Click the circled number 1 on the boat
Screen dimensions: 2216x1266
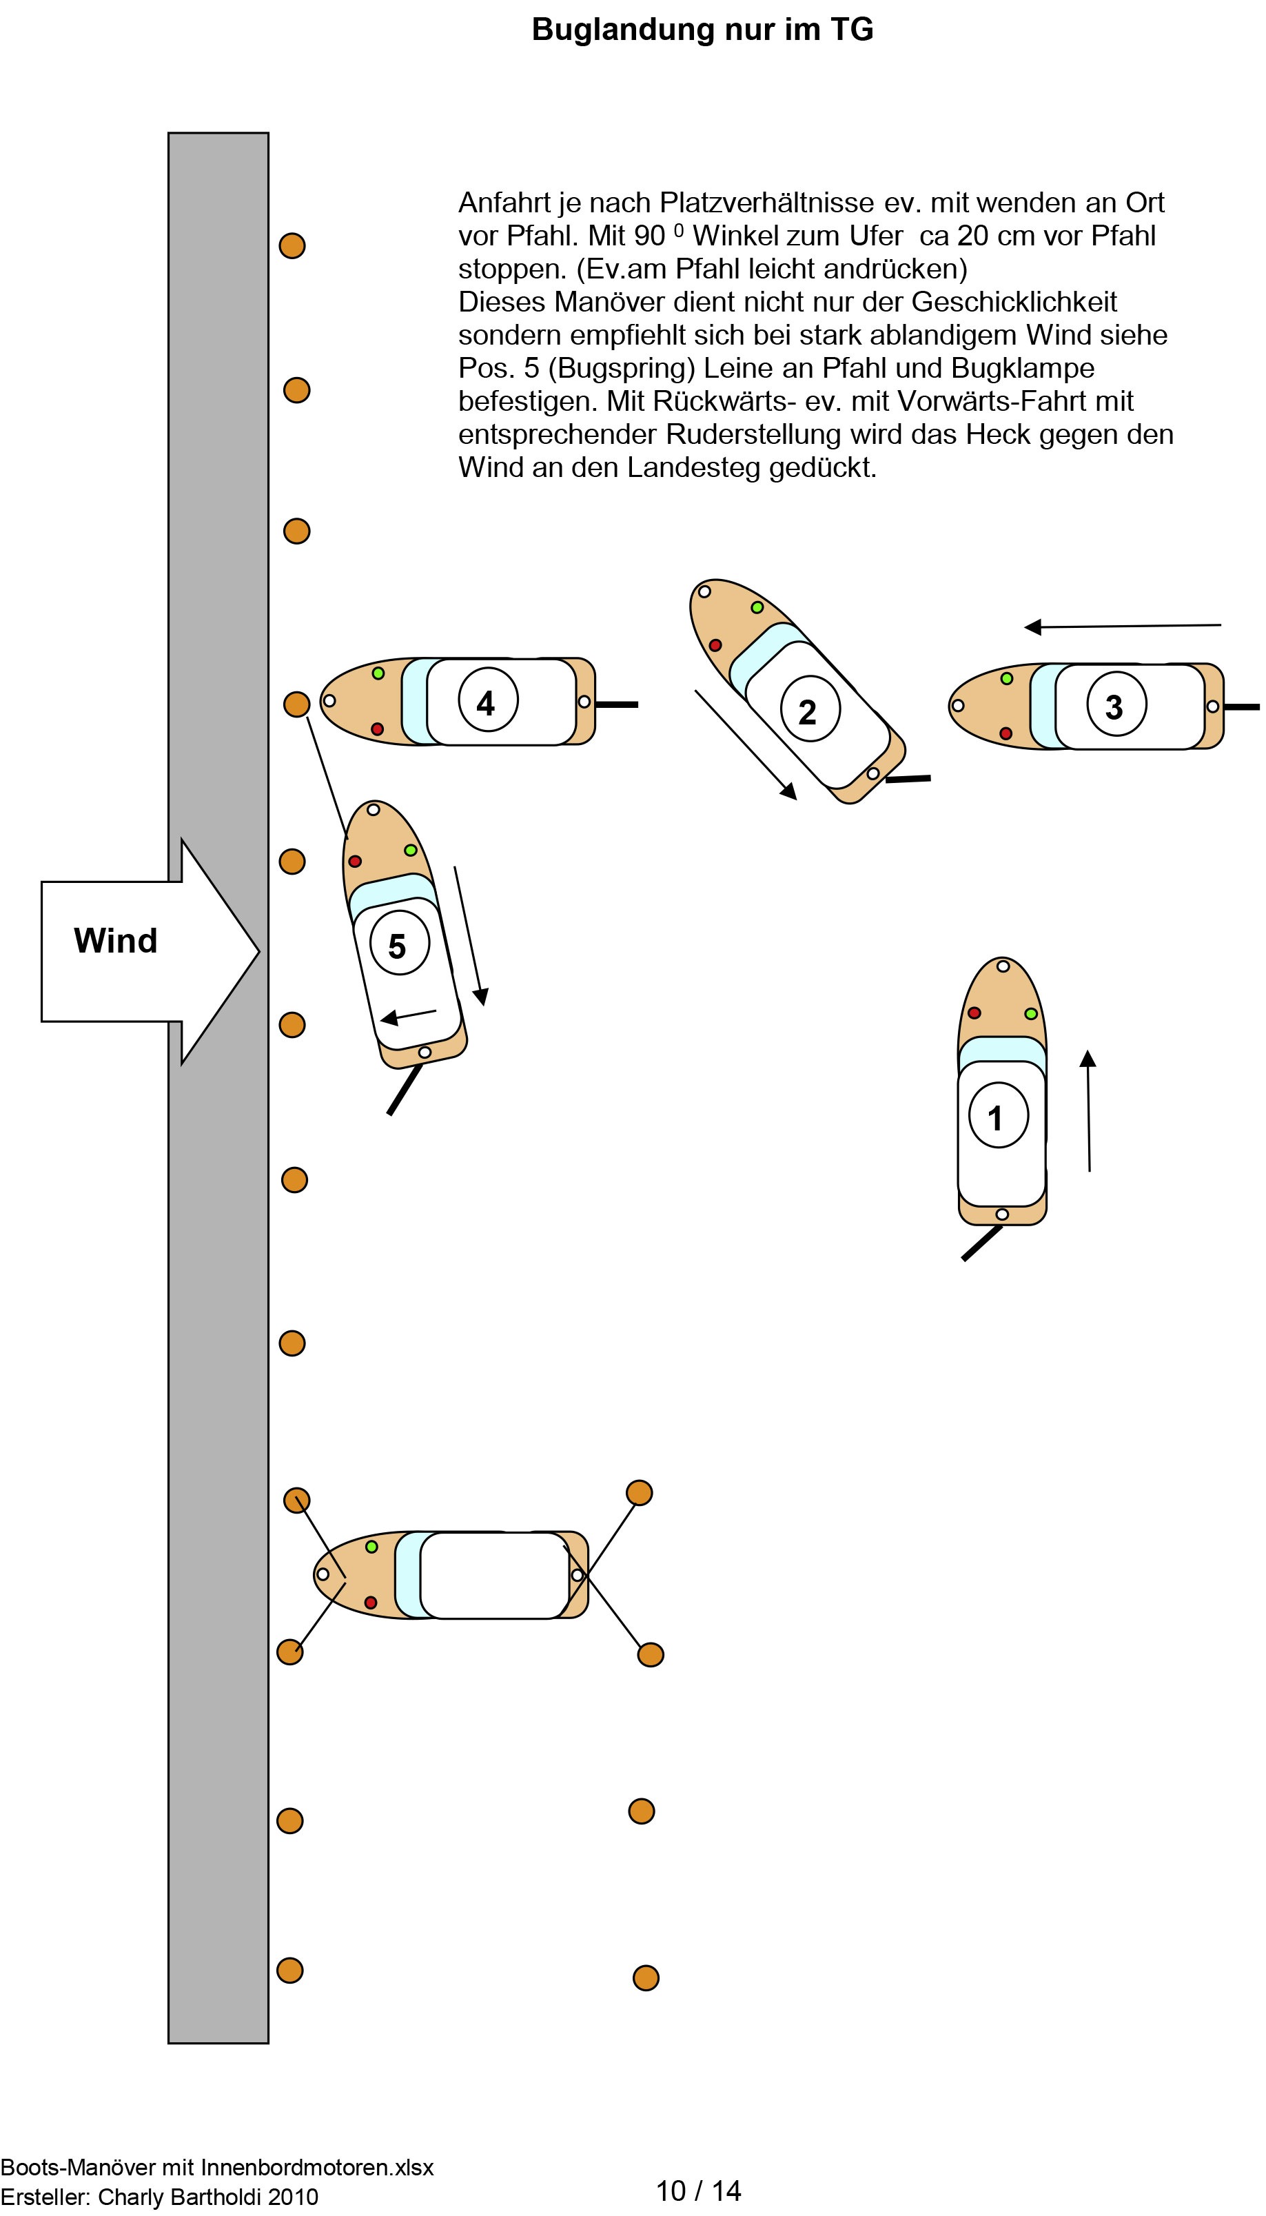click(998, 1115)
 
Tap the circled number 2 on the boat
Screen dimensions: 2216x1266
click(810, 709)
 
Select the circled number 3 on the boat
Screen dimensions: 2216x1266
click(1116, 705)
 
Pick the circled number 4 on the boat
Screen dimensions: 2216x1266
click(487, 701)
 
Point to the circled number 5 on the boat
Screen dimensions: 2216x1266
click(399, 945)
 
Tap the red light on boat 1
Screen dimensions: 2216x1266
click(974, 1013)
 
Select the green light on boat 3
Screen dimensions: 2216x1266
click(1006, 679)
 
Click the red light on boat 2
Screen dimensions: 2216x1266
click(715, 645)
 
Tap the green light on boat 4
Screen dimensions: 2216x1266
click(378, 673)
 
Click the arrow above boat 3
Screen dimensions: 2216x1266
click(1122, 626)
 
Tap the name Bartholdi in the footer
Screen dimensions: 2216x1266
click(218, 2197)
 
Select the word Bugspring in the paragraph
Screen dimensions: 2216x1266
click(622, 368)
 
